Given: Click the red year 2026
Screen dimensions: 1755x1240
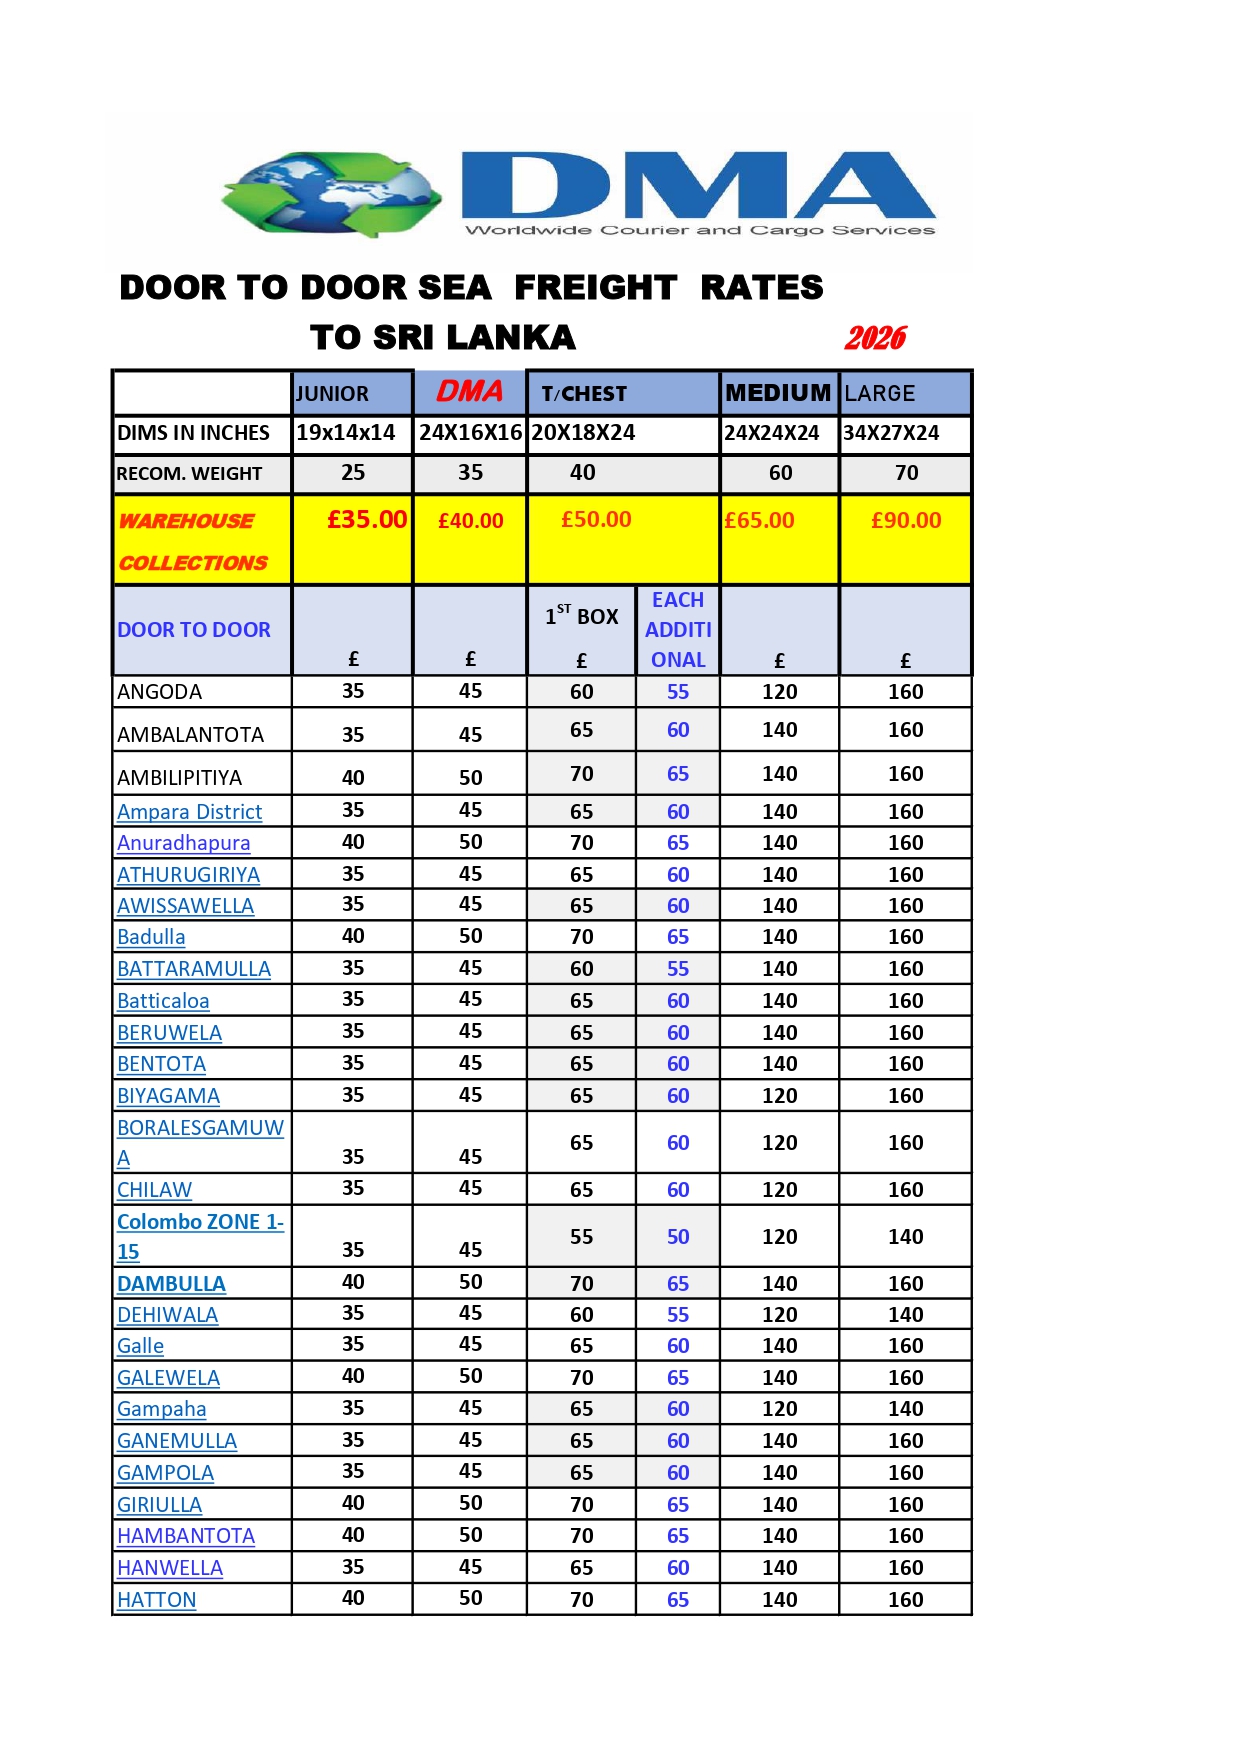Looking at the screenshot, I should tap(875, 338).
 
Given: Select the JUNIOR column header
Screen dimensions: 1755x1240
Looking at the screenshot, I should tap(332, 394).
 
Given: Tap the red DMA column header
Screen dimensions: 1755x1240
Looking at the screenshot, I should tap(470, 391).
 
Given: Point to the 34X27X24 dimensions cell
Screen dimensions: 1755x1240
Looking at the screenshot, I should tap(891, 433).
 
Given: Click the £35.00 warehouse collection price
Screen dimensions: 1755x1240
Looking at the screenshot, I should tap(367, 520).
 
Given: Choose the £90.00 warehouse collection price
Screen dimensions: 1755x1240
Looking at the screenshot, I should tap(906, 520).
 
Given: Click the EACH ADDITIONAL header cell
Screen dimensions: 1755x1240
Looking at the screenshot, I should tap(678, 630).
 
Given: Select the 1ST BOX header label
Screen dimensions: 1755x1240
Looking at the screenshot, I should tap(582, 616).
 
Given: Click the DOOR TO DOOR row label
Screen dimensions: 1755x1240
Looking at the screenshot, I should tap(194, 630).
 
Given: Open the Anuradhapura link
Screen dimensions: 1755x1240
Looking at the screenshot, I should tap(184, 843).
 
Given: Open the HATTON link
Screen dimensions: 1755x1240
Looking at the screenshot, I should tap(157, 1600).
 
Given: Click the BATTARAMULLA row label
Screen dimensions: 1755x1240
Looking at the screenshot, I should tap(194, 969).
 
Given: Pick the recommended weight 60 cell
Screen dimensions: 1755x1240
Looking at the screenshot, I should tap(780, 473).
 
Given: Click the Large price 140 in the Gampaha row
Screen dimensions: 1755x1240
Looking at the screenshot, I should tap(906, 1409).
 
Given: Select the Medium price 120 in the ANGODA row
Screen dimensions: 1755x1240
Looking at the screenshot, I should tap(780, 692).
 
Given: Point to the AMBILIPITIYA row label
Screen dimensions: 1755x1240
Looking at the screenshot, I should tap(180, 778).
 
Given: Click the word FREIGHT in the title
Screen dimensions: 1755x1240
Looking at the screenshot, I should tap(595, 288).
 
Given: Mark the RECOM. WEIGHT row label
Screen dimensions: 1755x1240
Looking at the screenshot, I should tap(189, 474).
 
